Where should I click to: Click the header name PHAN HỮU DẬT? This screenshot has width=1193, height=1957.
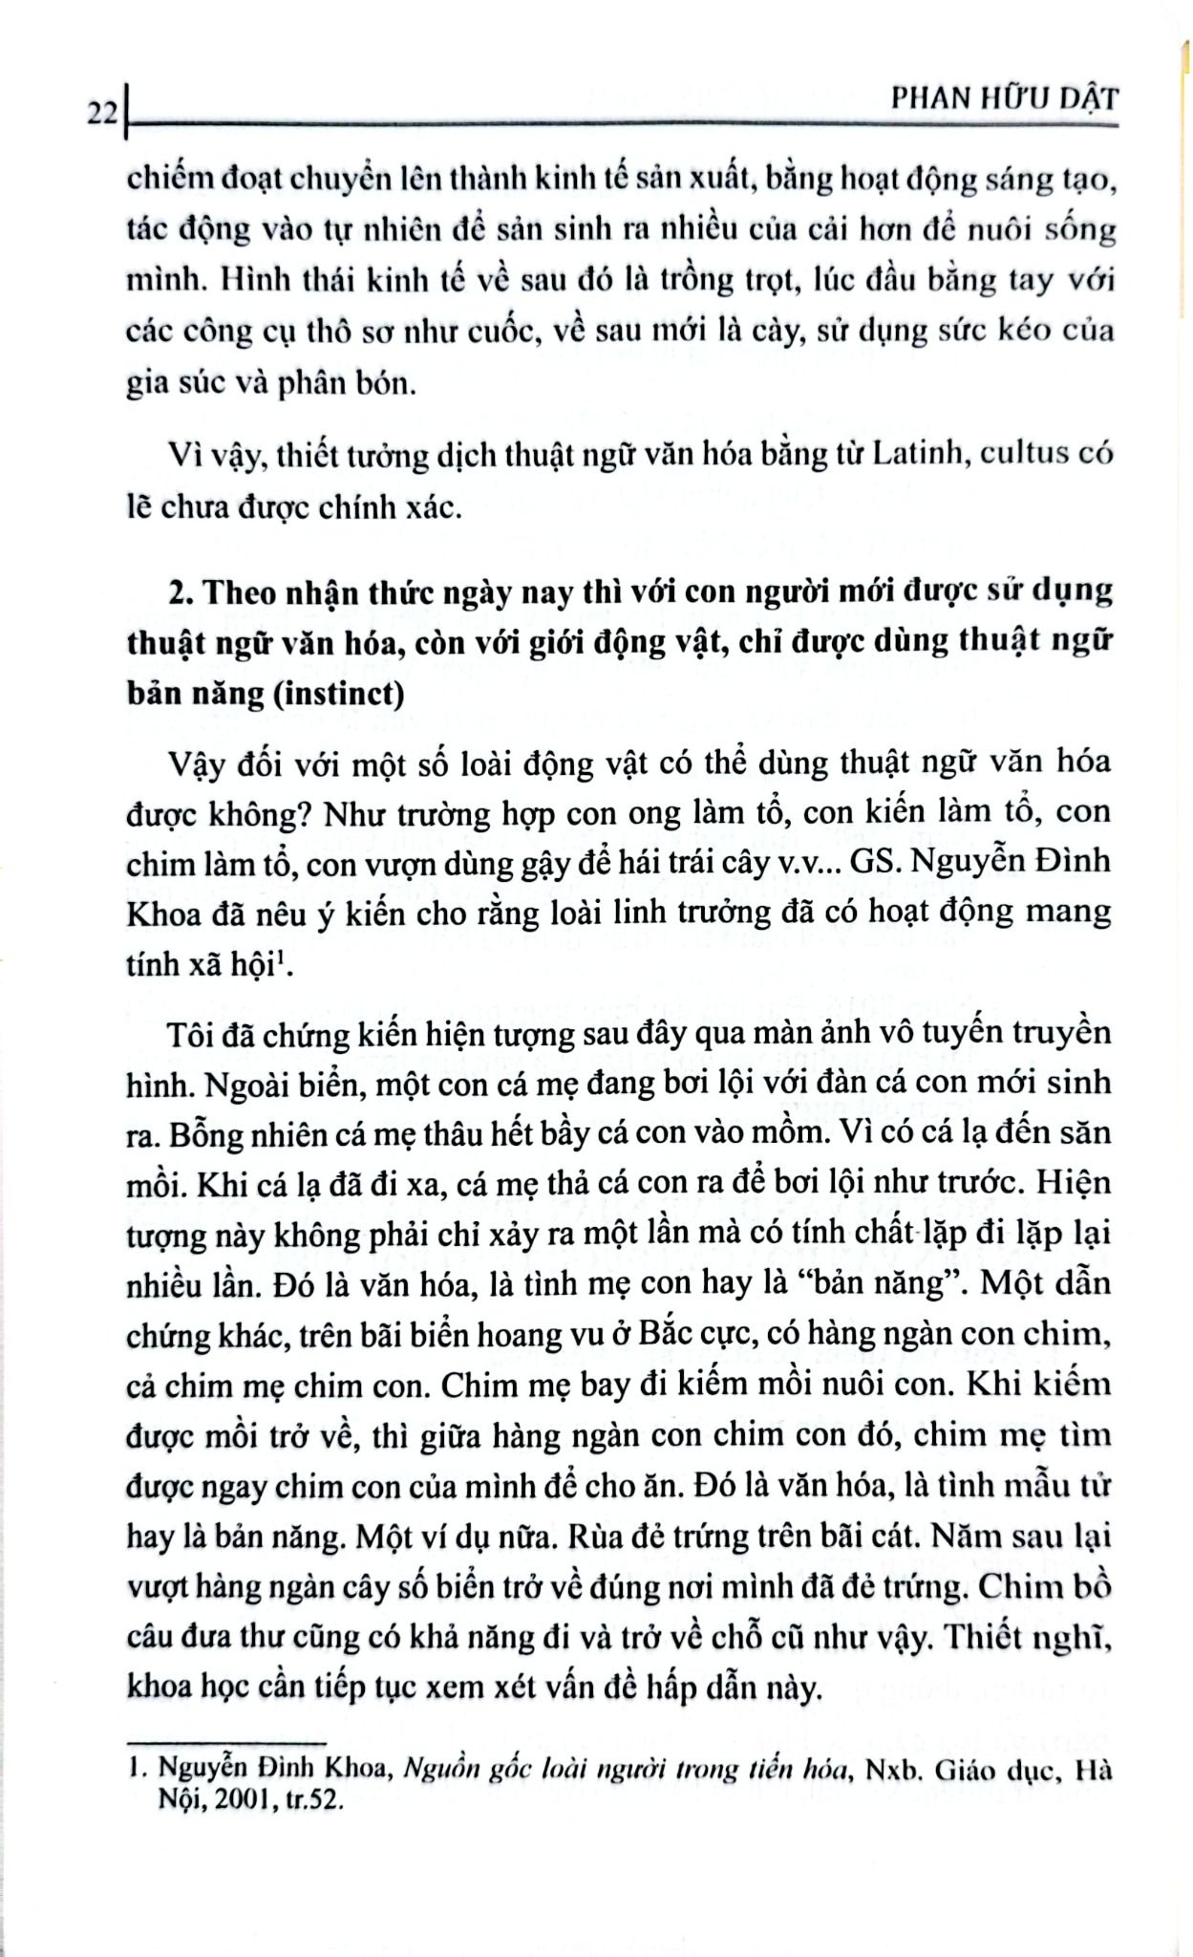point(1002,99)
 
